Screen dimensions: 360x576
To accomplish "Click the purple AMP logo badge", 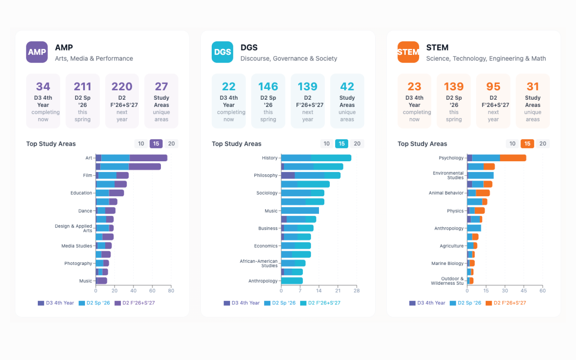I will point(37,52).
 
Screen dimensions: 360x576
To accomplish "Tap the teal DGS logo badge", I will point(222,52).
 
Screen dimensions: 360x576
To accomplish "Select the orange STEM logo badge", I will point(408,52).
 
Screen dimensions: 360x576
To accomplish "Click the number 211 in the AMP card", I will point(82,87).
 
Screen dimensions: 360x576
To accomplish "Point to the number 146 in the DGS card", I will point(268,87).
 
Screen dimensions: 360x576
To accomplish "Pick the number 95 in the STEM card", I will point(493,87).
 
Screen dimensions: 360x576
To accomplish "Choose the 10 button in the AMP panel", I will point(141,144).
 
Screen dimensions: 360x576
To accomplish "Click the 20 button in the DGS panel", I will point(357,144).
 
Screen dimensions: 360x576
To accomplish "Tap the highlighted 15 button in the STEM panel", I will point(527,144).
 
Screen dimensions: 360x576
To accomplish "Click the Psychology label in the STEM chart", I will point(451,158).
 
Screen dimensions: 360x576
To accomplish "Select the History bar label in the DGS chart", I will point(270,158).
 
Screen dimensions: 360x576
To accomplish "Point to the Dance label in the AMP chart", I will point(85,211).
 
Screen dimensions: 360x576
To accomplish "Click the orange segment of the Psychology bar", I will point(513,158).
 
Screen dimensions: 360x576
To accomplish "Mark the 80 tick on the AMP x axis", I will point(171,291).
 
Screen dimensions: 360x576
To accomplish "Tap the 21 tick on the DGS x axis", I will point(338,291).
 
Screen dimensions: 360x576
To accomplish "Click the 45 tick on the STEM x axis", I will point(524,291).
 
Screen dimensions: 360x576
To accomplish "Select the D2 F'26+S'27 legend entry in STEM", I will point(506,303).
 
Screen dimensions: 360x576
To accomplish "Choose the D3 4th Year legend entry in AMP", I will point(56,303).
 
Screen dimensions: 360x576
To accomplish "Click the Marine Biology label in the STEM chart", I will point(447,264).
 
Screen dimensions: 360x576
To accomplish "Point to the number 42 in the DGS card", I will point(347,87).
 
